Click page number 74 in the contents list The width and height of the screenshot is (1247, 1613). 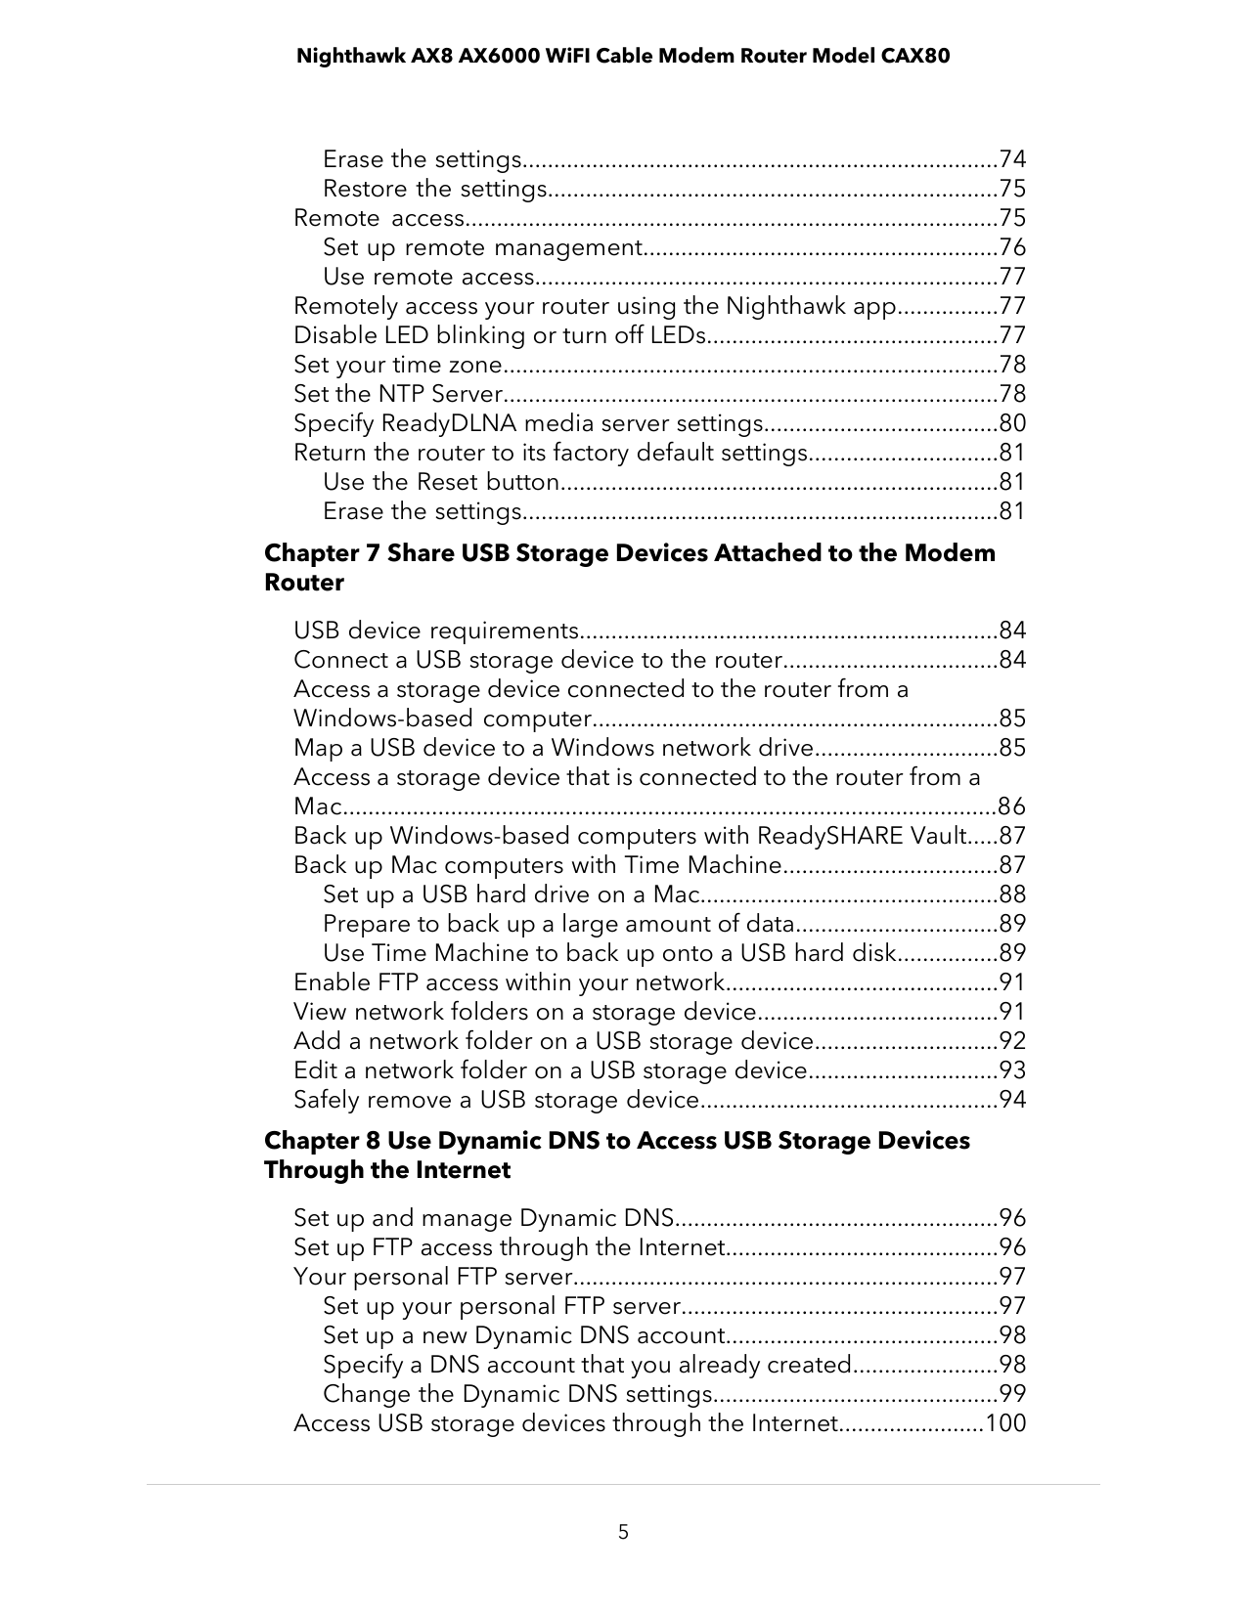[x=1012, y=159]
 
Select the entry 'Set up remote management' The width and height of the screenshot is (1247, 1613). [x=482, y=247]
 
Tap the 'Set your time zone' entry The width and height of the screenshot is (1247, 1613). [x=397, y=365]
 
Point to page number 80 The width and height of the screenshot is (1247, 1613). [x=1012, y=423]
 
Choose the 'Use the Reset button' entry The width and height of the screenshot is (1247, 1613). [x=440, y=482]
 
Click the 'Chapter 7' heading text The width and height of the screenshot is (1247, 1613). [x=322, y=553]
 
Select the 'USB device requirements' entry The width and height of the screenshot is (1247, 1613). [x=436, y=631]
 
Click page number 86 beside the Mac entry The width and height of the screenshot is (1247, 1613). [x=1012, y=806]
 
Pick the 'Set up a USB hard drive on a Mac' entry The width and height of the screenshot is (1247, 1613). [x=512, y=894]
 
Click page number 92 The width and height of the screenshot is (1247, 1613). [x=1012, y=1041]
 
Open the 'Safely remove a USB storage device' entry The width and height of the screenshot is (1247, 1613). [x=495, y=1100]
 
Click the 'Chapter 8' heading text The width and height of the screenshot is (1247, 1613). [x=322, y=1141]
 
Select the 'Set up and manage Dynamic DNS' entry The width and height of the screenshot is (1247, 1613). [x=483, y=1218]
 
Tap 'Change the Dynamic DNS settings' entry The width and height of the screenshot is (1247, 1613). [x=516, y=1394]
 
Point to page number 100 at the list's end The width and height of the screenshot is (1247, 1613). [x=1005, y=1423]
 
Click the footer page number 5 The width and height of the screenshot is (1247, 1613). [x=623, y=1532]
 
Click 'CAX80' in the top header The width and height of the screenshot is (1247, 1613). [x=914, y=56]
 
